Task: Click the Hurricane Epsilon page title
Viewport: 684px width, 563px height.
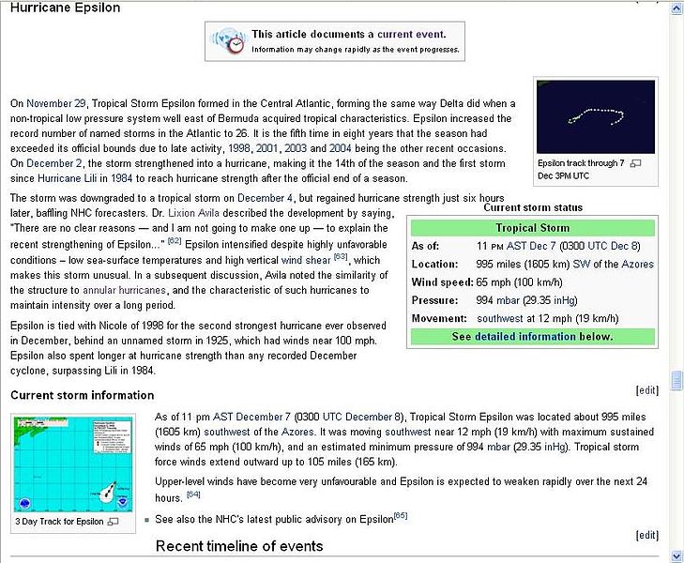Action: point(65,8)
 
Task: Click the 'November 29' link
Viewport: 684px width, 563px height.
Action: point(55,102)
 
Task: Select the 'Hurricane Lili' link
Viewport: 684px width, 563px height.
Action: point(90,178)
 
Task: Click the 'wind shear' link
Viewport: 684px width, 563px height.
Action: point(306,260)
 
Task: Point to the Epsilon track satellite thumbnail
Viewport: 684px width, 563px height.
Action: point(595,116)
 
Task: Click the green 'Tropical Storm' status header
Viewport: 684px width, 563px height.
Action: point(532,228)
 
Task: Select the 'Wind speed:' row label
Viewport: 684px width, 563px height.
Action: point(441,281)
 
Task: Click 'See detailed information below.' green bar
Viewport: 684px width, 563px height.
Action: point(532,336)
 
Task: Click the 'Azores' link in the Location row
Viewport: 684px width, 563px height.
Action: point(637,264)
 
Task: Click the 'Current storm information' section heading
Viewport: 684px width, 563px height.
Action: point(83,395)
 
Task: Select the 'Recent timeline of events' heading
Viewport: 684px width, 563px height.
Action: point(239,546)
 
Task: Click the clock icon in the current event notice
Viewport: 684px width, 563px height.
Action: point(229,40)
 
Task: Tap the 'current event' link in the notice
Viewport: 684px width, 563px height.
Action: point(410,34)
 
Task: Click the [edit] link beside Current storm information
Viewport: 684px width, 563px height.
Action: point(646,390)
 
